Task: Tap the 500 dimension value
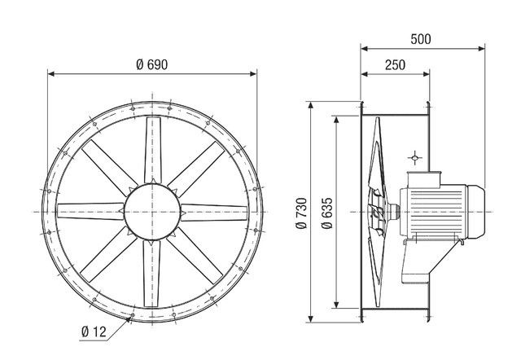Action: [x=421, y=38]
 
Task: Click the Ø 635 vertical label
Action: [x=325, y=213]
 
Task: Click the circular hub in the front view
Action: [x=152, y=210]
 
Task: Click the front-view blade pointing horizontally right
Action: [x=216, y=210]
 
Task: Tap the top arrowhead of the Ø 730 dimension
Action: [x=309, y=104]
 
